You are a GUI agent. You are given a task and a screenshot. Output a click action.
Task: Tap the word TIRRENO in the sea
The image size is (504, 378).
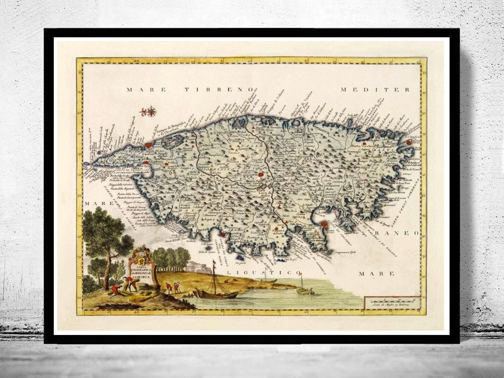[x=219, y=90]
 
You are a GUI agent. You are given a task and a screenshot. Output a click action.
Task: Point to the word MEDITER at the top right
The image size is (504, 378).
[x=375, y=90]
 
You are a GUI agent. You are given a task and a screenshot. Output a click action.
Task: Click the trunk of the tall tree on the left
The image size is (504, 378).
[x=108, y=265]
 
